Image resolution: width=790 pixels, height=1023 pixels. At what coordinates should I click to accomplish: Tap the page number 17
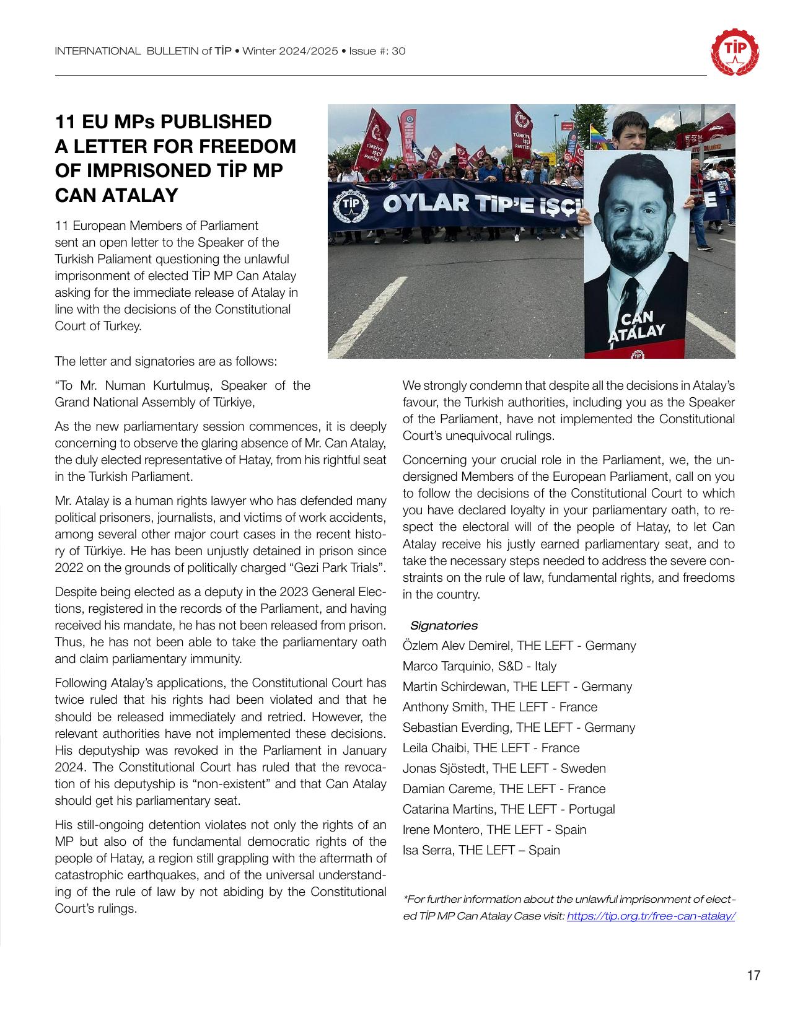click(753, 976)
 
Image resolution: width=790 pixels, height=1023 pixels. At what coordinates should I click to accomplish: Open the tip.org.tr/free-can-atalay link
click(651, 916)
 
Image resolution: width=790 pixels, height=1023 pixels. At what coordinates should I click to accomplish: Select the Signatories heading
click(444, 625)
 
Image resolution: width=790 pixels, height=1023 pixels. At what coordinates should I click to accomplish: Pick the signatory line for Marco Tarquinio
click(480, 666)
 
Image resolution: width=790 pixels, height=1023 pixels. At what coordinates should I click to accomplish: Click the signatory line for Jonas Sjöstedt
click(504, 768)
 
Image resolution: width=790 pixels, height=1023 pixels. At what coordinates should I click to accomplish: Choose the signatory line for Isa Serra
click(481, 850)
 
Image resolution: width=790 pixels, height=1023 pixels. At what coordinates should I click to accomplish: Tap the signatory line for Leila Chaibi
click(491, 748)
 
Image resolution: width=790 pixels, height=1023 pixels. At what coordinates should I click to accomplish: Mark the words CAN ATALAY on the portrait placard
click(636, 325)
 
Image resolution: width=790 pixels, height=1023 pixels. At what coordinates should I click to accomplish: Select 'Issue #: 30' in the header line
click(377, 51)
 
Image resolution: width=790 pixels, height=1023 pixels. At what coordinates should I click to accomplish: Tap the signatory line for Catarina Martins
click(509, 809)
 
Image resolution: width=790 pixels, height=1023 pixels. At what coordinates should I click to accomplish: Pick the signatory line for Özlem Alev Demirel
click(519, 646)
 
